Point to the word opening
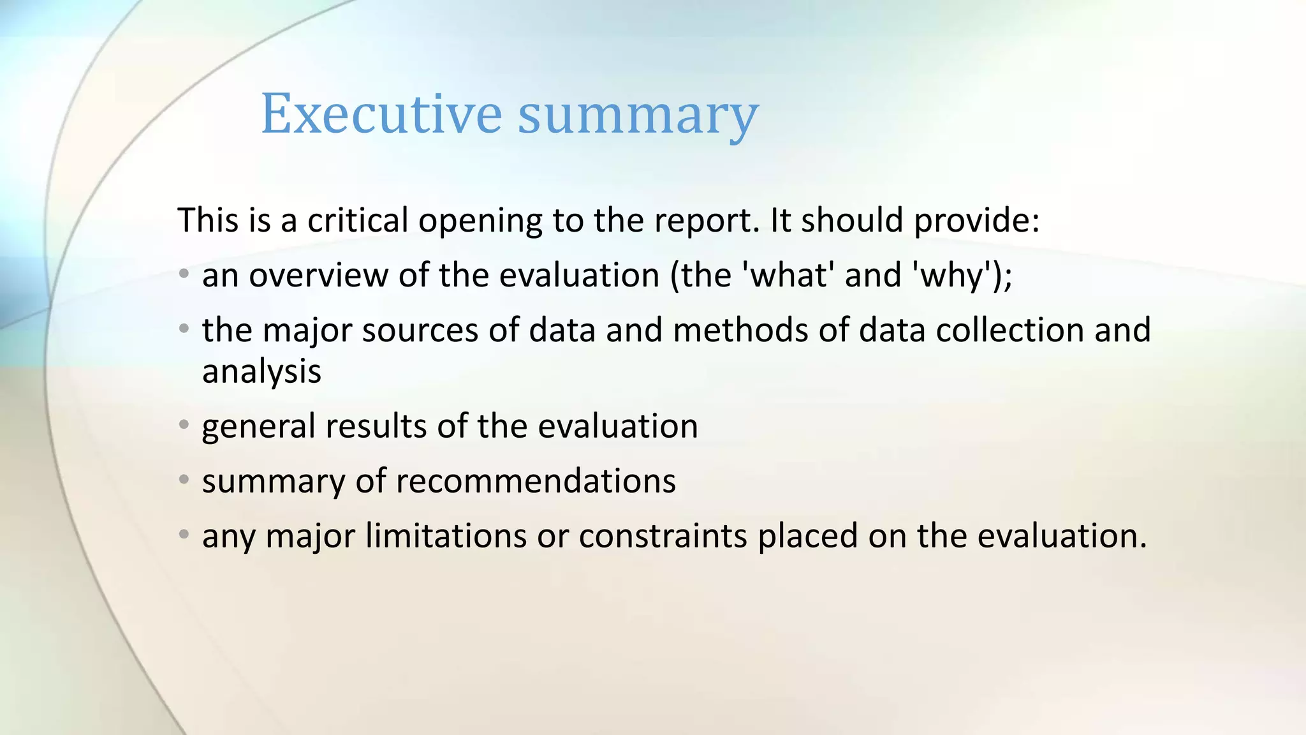[x=480, y=221]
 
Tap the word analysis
[x=261, y=372]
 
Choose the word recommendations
[x=536, y=481]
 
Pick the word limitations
[x=446, y=536]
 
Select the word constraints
[x=663, y=536]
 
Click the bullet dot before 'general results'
[x=184, y=424]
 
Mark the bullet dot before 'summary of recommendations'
[x=184, y=479]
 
